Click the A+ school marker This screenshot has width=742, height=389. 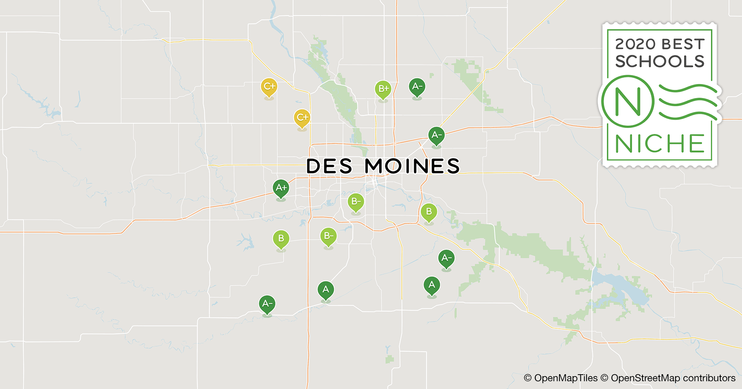click(x=281, y=188)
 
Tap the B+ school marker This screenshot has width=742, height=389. click(x=383, y=89)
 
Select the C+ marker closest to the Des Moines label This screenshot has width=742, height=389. click(x=302, y=117)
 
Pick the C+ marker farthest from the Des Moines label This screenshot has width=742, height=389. click(x=269, y=86)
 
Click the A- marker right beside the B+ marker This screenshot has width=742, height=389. click(x=417, y=86)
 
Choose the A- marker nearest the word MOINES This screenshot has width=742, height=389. click(x=436, y=135)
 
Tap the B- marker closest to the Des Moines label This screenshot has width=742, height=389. click(x=356, y=202)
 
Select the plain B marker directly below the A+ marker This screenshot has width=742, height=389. click(x=281, y=238)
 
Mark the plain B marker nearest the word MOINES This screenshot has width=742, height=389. click(x=429, y=212)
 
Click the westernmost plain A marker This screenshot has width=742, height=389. click(x=326, y=289)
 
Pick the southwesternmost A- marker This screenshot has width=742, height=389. click(x=267, y=304)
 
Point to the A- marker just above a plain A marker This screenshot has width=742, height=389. click(x=446, y=258)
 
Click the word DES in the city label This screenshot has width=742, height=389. click(x=329, y=166)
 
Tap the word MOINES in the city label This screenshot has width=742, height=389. click(x=412, y=166)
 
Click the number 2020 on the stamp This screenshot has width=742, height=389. click(x=635, y=44)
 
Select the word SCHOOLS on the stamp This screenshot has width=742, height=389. click(x=660, y=61)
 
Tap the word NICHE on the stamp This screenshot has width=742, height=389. click(x=660, y=144)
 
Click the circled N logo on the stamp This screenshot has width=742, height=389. click(x=627, y=102)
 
